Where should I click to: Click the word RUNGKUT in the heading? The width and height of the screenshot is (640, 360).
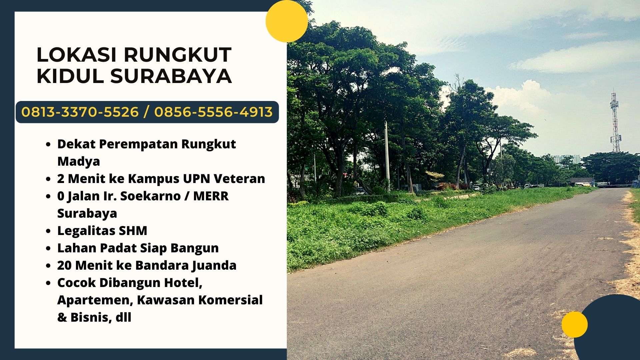[178, 55]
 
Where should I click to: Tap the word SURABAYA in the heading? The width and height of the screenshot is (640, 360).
[171, 76]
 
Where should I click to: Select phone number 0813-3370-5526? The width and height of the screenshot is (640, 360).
[80, 112]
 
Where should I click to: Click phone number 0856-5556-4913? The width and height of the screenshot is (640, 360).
[213, 112]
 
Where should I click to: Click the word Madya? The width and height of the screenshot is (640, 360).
[79, 161]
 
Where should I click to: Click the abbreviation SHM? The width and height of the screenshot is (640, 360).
[133, 231]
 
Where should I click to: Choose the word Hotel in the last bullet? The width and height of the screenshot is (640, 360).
[184, 283]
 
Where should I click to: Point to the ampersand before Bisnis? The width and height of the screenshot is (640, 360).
[62, 317]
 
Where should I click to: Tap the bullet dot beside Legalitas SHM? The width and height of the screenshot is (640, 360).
[49, 231]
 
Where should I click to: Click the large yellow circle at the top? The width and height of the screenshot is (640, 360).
[287, 21]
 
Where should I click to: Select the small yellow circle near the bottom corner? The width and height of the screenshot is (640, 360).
[574, 324]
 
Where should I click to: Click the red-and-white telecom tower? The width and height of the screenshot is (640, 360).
[615, 122]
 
